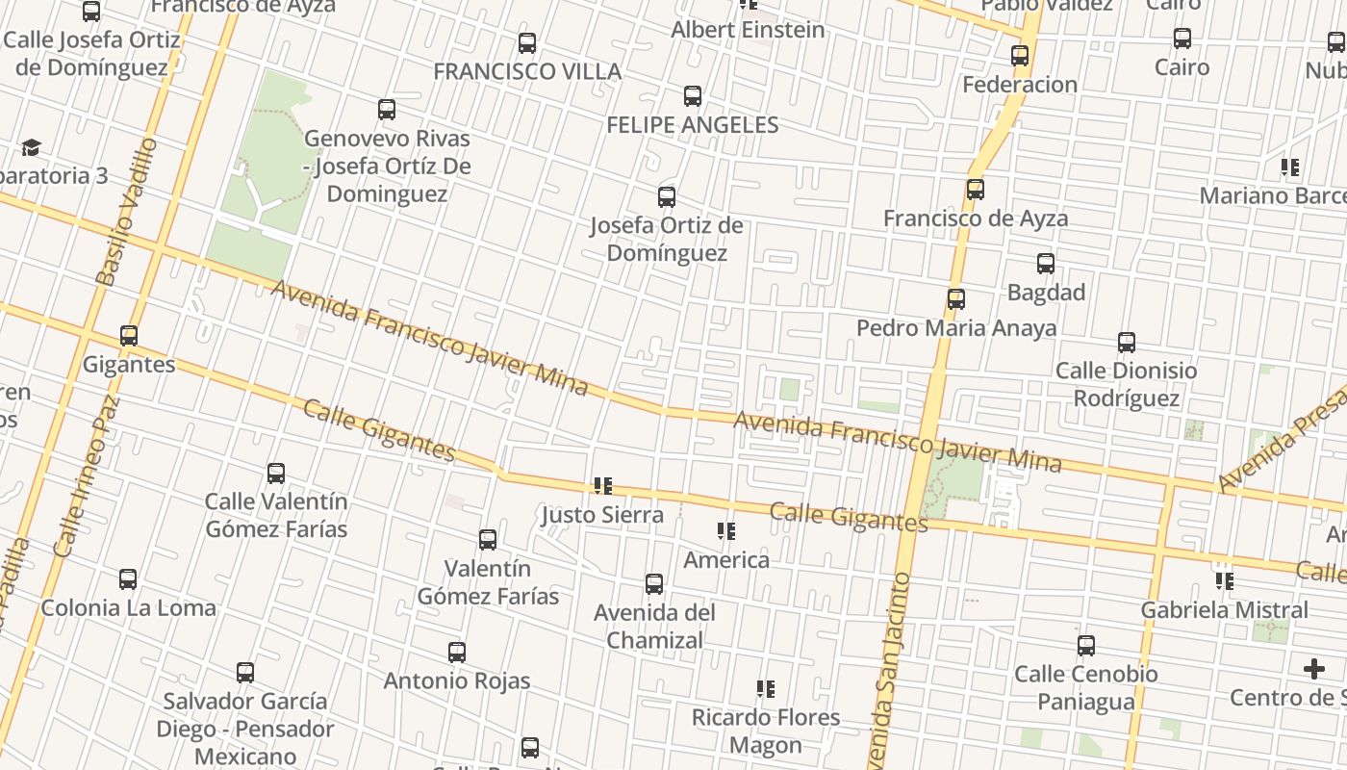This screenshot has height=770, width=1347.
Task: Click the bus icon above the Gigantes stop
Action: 129,336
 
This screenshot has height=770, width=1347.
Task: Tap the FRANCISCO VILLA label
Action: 526,71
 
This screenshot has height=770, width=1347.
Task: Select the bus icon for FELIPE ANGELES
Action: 692,96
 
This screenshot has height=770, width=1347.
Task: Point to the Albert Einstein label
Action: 748,30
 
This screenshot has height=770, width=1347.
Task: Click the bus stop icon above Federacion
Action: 1020,56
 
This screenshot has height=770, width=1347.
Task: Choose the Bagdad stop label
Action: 1046,292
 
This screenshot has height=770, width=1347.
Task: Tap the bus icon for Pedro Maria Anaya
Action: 955,299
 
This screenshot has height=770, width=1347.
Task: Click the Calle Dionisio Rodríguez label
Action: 1126,384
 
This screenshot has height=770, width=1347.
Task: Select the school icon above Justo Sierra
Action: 603,486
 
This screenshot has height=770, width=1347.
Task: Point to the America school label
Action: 726,559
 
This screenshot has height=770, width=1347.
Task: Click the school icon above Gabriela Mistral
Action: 1224,581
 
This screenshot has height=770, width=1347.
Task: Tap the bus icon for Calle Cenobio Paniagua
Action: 1086,646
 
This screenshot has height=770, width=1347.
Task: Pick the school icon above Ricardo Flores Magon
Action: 765,689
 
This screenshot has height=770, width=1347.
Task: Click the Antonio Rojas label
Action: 457,680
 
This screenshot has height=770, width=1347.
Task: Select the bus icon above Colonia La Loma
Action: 128,579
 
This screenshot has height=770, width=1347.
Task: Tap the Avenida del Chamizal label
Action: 654,626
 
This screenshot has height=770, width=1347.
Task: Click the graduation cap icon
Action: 32,147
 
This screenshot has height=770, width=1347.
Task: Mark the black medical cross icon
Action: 1314,668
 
